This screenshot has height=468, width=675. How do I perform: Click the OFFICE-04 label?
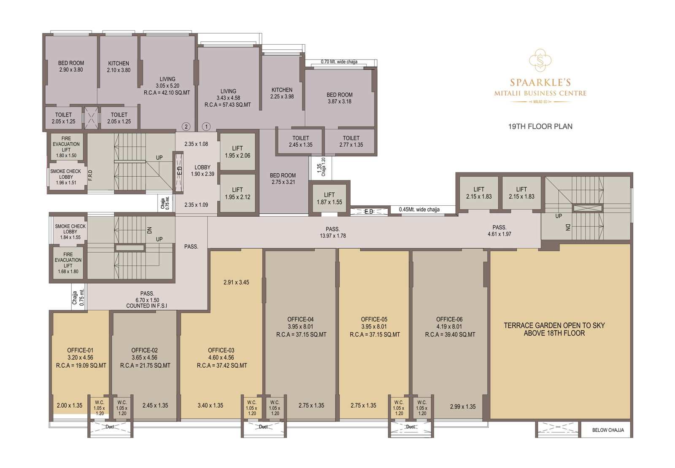(300, 320)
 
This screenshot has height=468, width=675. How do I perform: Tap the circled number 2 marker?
(186, 126)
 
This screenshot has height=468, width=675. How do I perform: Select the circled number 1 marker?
(206, 126)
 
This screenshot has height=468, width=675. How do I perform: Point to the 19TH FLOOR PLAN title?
(540, 126)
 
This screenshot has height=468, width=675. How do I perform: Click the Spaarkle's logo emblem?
(540, 60)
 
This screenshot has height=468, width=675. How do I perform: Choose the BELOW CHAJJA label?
(607, 430)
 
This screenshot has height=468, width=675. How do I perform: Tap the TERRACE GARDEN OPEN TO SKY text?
(554, 325)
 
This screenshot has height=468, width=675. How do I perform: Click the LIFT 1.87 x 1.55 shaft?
(329, 199)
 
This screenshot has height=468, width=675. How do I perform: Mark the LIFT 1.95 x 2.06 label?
(238, 152)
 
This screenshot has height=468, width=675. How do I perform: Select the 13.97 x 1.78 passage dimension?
(333, 236)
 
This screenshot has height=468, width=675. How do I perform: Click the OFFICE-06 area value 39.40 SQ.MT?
(450, 335)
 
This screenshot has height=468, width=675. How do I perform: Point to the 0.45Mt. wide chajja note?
(419, 210)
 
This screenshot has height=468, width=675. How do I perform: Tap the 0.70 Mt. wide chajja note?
(339, 62)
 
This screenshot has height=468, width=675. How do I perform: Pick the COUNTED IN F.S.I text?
(146, 306)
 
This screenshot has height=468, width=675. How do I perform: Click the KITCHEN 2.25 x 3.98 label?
(282, 93)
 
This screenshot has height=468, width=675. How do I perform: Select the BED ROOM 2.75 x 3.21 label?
(283, 179)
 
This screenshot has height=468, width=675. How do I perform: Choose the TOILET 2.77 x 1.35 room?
(351, 142)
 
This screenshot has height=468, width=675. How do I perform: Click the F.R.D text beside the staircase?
(90, 175)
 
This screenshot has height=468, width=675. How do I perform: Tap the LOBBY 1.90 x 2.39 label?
(202, 170)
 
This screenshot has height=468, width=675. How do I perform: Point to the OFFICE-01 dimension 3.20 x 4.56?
(80, 358)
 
